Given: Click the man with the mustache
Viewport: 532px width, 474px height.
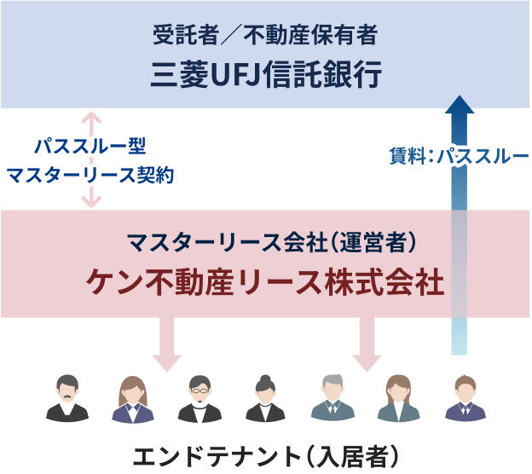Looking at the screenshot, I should coord(67,398).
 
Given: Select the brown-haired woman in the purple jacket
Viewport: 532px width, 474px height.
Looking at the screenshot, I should coord(133,399).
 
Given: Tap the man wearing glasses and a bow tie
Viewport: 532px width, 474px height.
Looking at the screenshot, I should coord(199,398).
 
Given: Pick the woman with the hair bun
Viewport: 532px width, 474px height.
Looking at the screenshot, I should coord(265,398).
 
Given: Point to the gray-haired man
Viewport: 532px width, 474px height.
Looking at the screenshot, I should coord(332,398).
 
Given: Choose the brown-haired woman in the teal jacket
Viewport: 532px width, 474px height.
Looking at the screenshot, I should coord(398,398).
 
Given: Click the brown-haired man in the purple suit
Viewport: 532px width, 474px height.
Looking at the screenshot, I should coord(465,398).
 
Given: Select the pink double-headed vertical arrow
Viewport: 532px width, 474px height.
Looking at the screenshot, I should coord(91,159).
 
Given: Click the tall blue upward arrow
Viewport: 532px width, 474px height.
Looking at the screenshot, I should coord(460,222).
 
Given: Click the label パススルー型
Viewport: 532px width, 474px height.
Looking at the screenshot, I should coord(91,146).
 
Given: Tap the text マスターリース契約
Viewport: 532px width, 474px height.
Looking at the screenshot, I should coord(91,175).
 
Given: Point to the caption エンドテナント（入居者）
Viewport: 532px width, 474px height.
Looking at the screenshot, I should coord(266,455).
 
